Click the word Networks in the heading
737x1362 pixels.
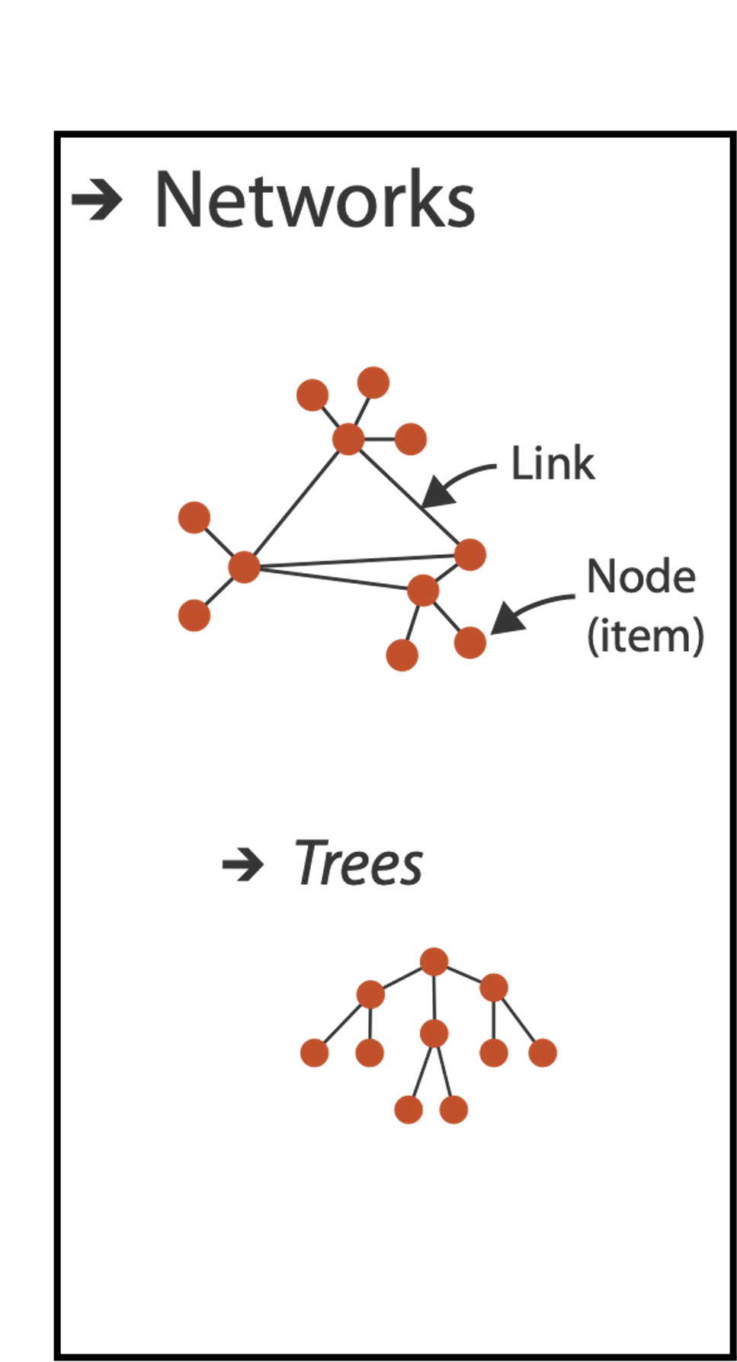pos(315,200)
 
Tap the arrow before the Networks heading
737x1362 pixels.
pos(97,200)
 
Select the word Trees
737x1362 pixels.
pos(358,864)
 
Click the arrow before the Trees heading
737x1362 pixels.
pos(242,865)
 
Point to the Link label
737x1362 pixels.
pos(552,463)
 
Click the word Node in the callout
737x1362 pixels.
pos(641,577)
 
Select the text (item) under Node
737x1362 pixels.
pos(645,636)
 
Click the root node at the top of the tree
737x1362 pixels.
pos(434,962)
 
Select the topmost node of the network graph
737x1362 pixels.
pos(373,382)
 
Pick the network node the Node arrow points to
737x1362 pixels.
pos(470,642)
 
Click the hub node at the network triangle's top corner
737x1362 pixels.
pos(348,439)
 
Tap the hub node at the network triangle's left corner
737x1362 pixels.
pos(244,566)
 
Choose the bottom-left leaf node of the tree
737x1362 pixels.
pos(314,1053)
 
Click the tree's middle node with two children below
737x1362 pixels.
pos(434,1034)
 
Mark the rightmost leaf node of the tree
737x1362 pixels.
pos(543,1053)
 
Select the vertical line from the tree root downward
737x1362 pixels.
pos(434,998)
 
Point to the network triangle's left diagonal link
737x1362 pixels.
pos(296,503)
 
